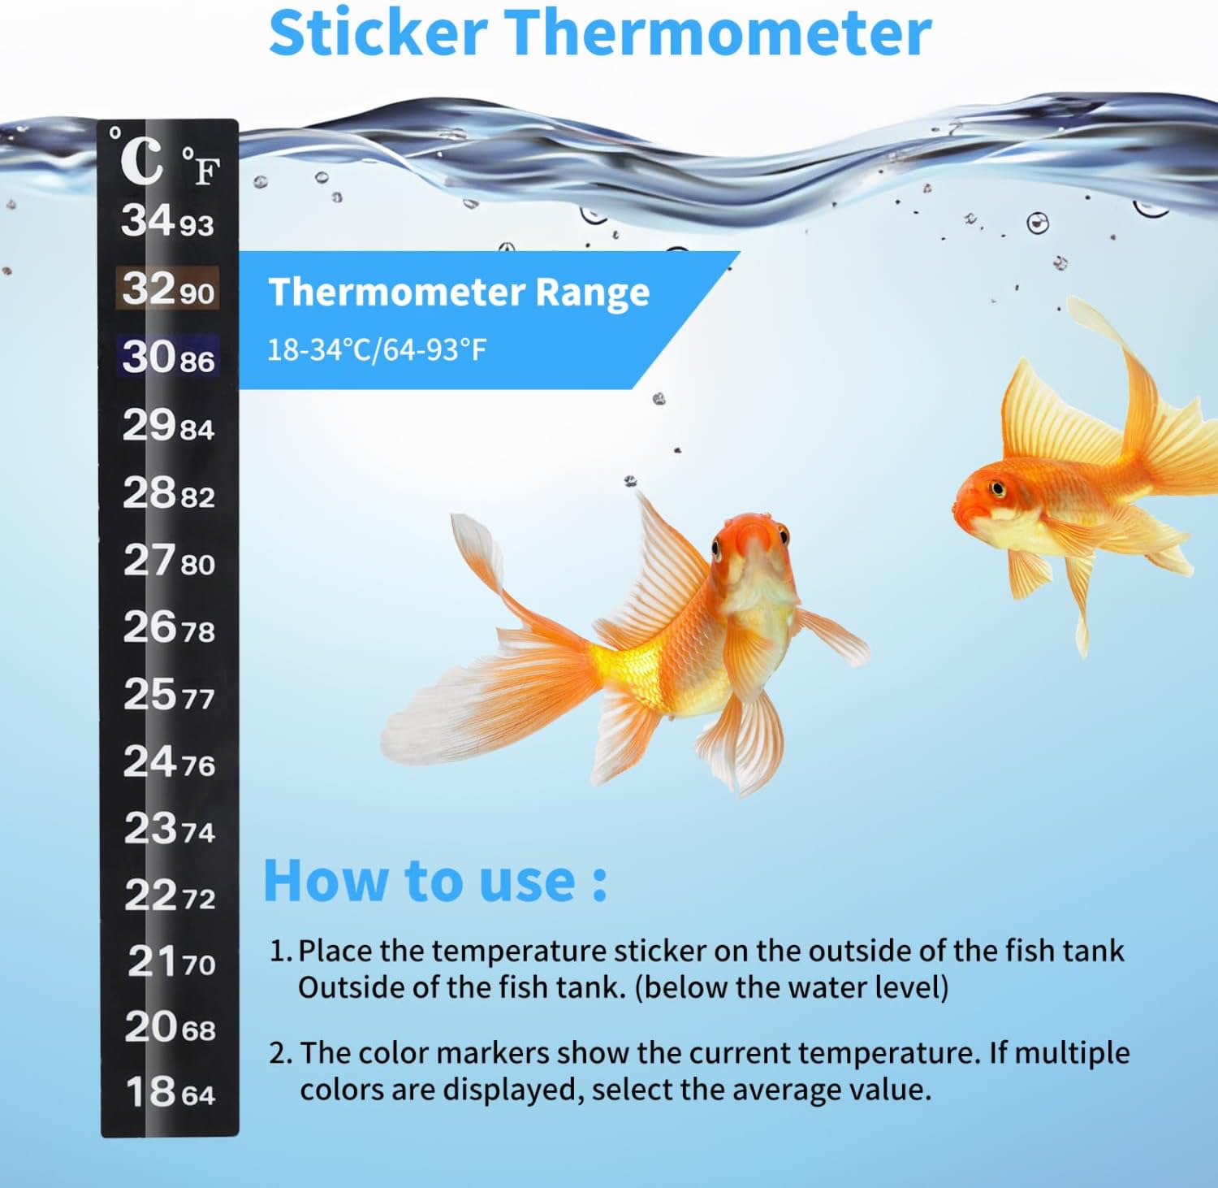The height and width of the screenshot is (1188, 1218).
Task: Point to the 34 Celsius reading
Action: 147,220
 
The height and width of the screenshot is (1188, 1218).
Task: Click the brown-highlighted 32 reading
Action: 147,288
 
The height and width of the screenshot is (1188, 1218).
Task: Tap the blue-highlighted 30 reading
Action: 147,357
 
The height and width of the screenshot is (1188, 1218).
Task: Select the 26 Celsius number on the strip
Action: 149,627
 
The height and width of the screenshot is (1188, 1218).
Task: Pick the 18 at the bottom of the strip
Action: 151,1091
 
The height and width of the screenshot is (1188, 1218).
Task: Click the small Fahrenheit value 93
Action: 197,225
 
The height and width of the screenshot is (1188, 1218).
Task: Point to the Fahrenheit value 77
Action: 199,699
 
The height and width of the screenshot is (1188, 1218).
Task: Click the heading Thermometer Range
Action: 459,292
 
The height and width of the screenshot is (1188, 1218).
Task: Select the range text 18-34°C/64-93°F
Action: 377,350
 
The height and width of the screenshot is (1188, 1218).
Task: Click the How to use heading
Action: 435,880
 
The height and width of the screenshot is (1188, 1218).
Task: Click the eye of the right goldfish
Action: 997,488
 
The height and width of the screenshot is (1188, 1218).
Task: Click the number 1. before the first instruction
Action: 280,951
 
